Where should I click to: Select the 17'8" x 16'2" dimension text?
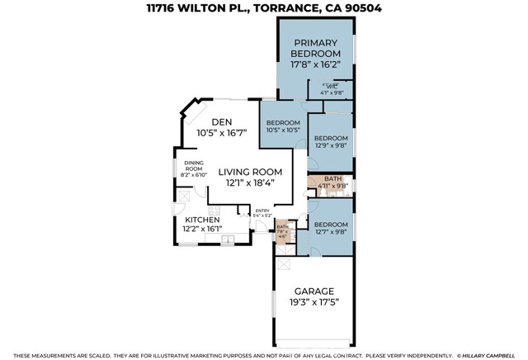[x=314, y=63]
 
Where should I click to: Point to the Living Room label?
[x=249, y=173]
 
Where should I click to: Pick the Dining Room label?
[x=195, y=165]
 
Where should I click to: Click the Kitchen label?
[x=201, y=220]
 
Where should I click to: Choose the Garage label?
[x=314, y=291]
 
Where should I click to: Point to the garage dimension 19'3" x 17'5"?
[x=314, y=303]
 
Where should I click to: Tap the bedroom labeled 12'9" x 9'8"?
[x=330, y=142]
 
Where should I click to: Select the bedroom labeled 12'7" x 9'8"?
[x=330, y=229]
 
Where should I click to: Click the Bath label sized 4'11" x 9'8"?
[x=332, y=182]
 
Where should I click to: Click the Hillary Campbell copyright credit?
[x=489, y=355]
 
